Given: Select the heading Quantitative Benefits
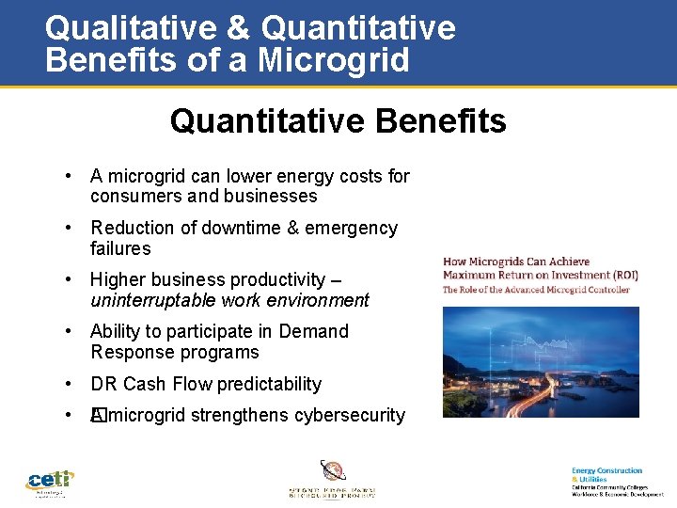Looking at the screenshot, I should point(338,121).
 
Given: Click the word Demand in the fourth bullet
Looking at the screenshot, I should point(313,331).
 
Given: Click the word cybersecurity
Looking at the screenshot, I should point(350,415).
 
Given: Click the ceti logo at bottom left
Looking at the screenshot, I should point(49,482).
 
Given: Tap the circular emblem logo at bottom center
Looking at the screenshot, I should point(333,471).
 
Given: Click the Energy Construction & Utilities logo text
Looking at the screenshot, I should point(606,474).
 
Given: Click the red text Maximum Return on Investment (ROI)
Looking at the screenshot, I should point(540,276).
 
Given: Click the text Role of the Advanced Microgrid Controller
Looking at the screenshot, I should point(540,290).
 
